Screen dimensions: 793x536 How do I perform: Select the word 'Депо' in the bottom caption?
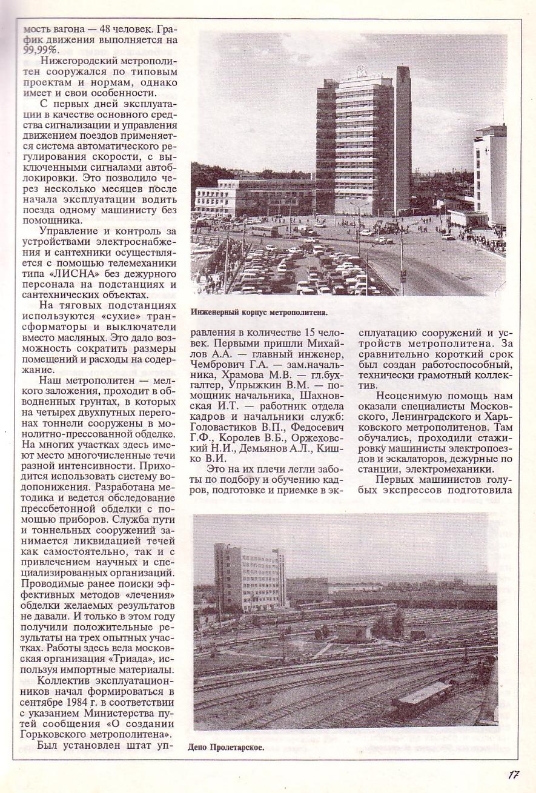coord(199,747)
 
